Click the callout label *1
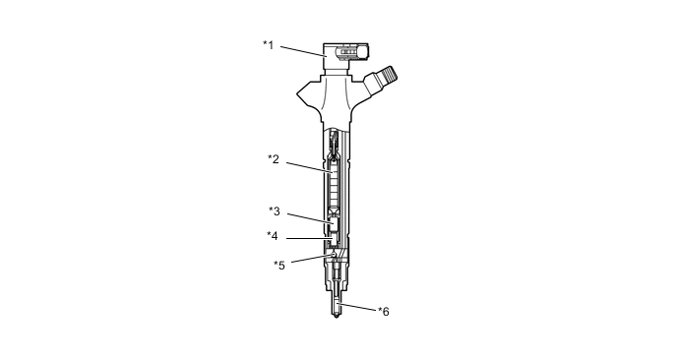[268, 45]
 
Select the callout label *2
[274, 159]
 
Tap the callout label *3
[275, 211]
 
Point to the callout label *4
[273, 236]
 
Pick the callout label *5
[279, 265]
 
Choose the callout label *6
[384, 311]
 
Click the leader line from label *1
[303, 51]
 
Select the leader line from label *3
[310, 218]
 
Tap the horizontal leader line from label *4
[309, 238]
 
